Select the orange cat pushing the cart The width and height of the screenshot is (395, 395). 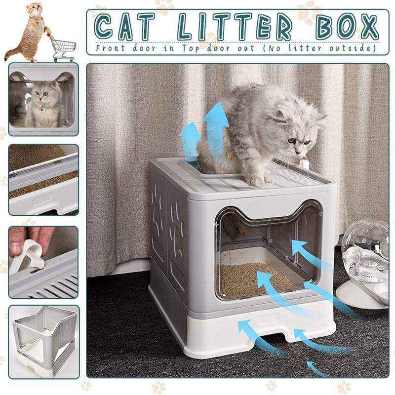click(30, 33)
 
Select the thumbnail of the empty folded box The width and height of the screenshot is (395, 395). click(43, 341)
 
